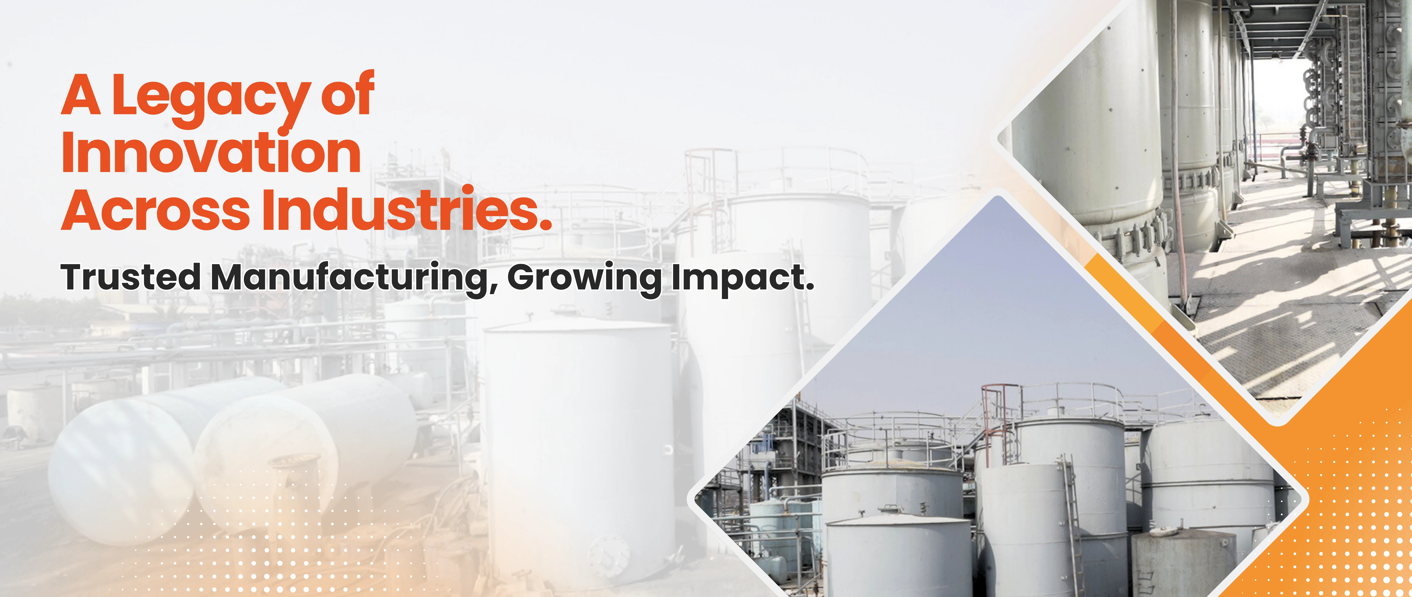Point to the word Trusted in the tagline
click(x=130, y=277)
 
